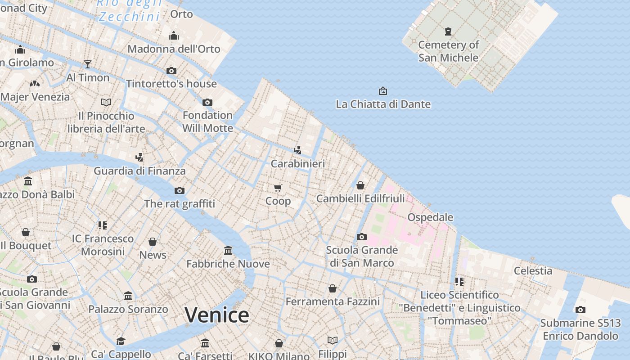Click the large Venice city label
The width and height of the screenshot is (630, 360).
pos(216,315)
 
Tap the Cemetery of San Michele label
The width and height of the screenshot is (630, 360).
pos(448,51)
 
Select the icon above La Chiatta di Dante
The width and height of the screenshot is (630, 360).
pos(382,91)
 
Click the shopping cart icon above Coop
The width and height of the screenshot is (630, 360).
pos(278,188)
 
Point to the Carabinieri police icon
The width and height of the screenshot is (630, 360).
pos(297,150)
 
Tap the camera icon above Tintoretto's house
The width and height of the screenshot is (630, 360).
pos(171,71)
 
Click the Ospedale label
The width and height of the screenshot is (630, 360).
pos(430,217)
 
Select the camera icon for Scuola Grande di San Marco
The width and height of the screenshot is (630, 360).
pos(361,237)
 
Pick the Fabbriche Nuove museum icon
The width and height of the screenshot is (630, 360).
pos(228,250)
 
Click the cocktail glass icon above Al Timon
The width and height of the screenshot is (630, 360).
pos(88,64)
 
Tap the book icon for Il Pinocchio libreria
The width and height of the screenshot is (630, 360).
pos(106,103)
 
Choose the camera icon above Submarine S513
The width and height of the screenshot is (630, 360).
pos(580,310)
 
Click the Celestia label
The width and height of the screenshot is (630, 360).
pos(533,270)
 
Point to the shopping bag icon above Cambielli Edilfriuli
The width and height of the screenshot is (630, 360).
pos(360,185)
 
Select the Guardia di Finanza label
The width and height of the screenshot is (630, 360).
pos(139,171)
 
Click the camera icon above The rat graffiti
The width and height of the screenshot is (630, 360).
pos(179,190)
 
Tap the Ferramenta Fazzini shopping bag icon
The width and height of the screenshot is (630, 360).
pos(333,288)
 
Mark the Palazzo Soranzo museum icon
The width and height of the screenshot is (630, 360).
pos(128,296)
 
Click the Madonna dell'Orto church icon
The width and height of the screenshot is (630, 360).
pos(174,36)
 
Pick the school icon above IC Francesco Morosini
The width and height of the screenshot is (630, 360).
pos(103,225)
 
